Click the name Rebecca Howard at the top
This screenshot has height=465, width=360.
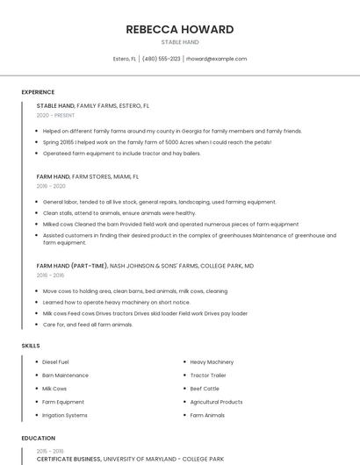180,29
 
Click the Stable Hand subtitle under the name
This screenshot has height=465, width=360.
180,42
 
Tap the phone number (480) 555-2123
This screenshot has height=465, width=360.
161,59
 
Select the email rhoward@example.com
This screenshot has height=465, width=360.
216,59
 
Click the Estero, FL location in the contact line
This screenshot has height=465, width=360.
125,59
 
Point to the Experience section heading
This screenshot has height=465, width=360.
38,92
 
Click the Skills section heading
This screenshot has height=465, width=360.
31,346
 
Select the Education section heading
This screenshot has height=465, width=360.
39,438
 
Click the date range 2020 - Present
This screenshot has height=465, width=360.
55,115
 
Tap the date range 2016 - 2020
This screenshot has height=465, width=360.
51,186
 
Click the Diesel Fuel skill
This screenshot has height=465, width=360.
55,361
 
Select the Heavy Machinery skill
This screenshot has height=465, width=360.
212,361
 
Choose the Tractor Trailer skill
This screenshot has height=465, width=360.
209,375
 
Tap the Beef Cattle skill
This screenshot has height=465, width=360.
205,388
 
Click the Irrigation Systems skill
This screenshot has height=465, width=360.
65,415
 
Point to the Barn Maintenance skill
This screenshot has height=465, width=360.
65,375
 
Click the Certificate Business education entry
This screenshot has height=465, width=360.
69,459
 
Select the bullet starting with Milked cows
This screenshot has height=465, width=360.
170,224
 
